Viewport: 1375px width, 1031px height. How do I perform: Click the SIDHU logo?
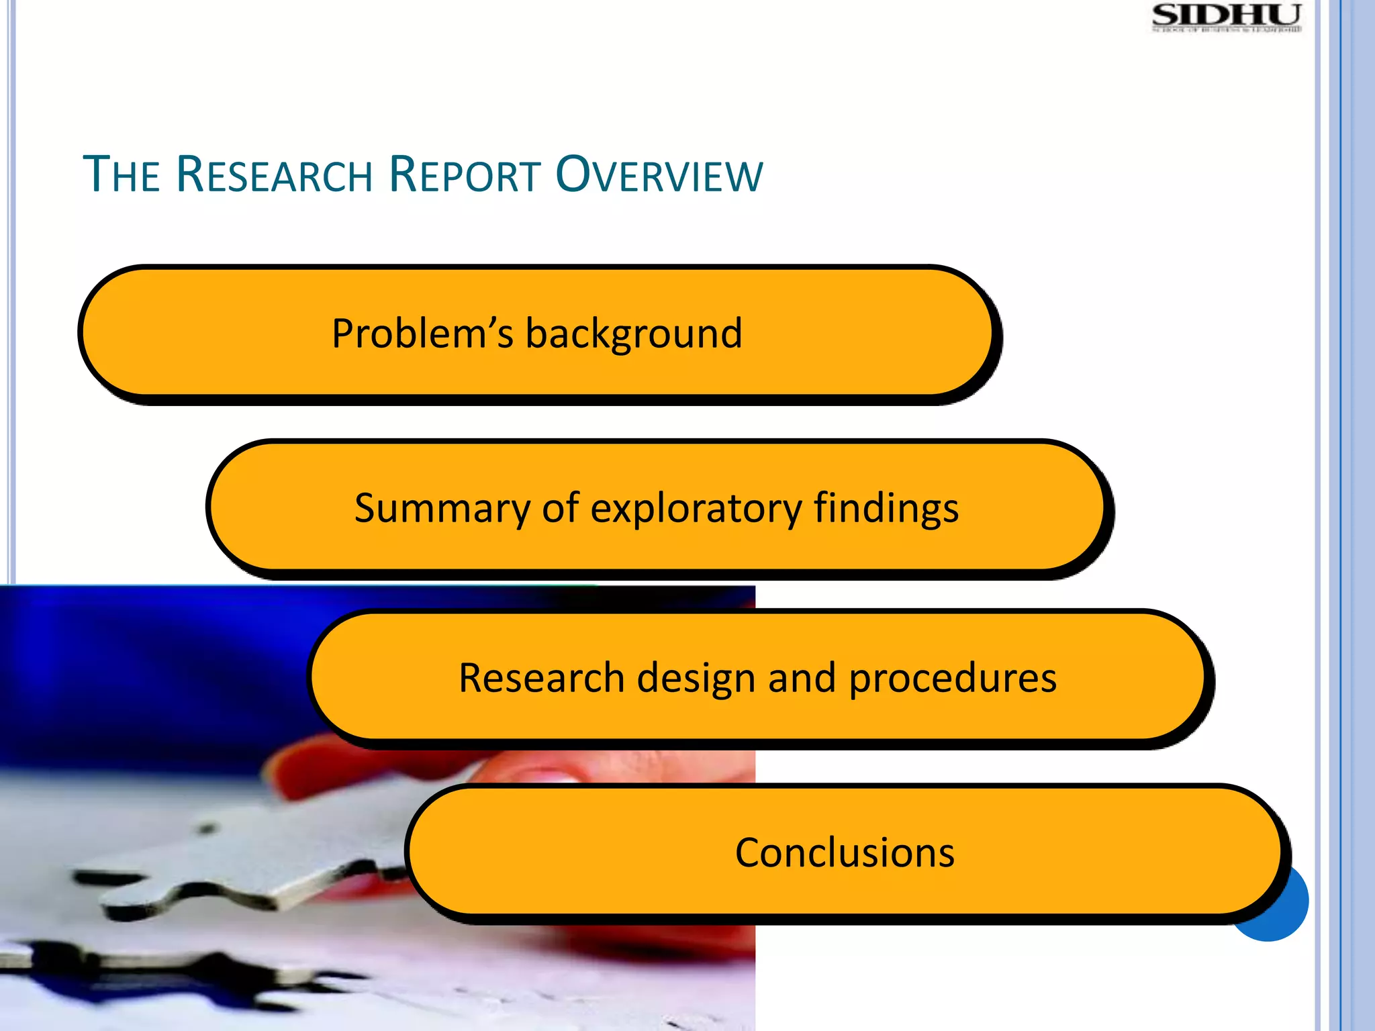click(1226, 17)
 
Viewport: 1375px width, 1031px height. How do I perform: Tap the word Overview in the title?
click(659, 175)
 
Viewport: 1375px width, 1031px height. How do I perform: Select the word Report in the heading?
click(465, 175)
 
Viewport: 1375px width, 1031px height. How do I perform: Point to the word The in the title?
click(121, 175)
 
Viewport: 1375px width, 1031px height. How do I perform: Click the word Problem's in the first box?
click(422, 334)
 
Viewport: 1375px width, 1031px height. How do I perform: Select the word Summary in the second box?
click(442, 508)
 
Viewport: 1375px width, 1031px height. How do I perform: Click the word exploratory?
click(696, 508)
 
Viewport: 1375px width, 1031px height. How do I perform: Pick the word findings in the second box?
click(886, 508)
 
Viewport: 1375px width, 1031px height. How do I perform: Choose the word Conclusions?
click(845, 853)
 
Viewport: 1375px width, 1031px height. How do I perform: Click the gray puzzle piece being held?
click(255, 852)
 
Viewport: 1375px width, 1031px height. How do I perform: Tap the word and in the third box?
click(802, 678)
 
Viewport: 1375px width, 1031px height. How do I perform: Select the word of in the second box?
click(560, 508)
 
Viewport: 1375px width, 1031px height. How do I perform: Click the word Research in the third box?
click(541, 678)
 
